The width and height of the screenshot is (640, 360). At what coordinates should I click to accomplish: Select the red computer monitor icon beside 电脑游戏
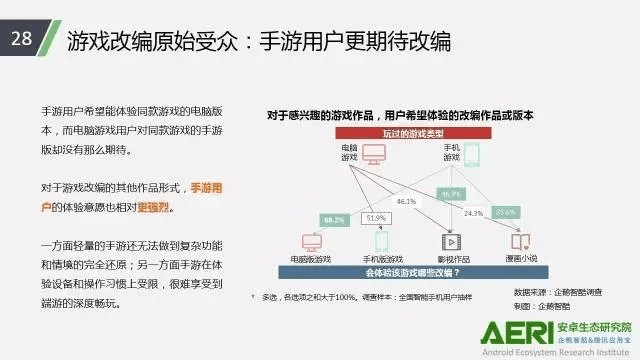pyautogui.click(x=374, y=155)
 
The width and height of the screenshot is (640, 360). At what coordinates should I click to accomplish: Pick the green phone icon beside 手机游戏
pyautogui.click(x=471, y=155)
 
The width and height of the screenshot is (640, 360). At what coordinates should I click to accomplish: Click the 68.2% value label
pyautogui.click(x=334, y=219)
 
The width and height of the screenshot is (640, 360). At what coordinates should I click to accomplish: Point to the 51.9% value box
pyautogui.click(x=376, y=219)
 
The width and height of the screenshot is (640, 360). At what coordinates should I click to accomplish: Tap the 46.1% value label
pyautogui.click(x=406, y=201)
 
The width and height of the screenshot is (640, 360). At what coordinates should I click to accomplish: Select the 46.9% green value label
pyautogui.click(x=450, y=194)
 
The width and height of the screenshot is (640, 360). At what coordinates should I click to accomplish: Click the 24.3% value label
pyautogui.click(x=473, y=213)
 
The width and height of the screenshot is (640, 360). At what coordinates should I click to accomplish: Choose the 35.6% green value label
pyautogui.click(x=506, y=212)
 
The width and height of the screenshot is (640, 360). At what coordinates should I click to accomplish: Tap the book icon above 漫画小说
pyautogui.click(x=517, y=241)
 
